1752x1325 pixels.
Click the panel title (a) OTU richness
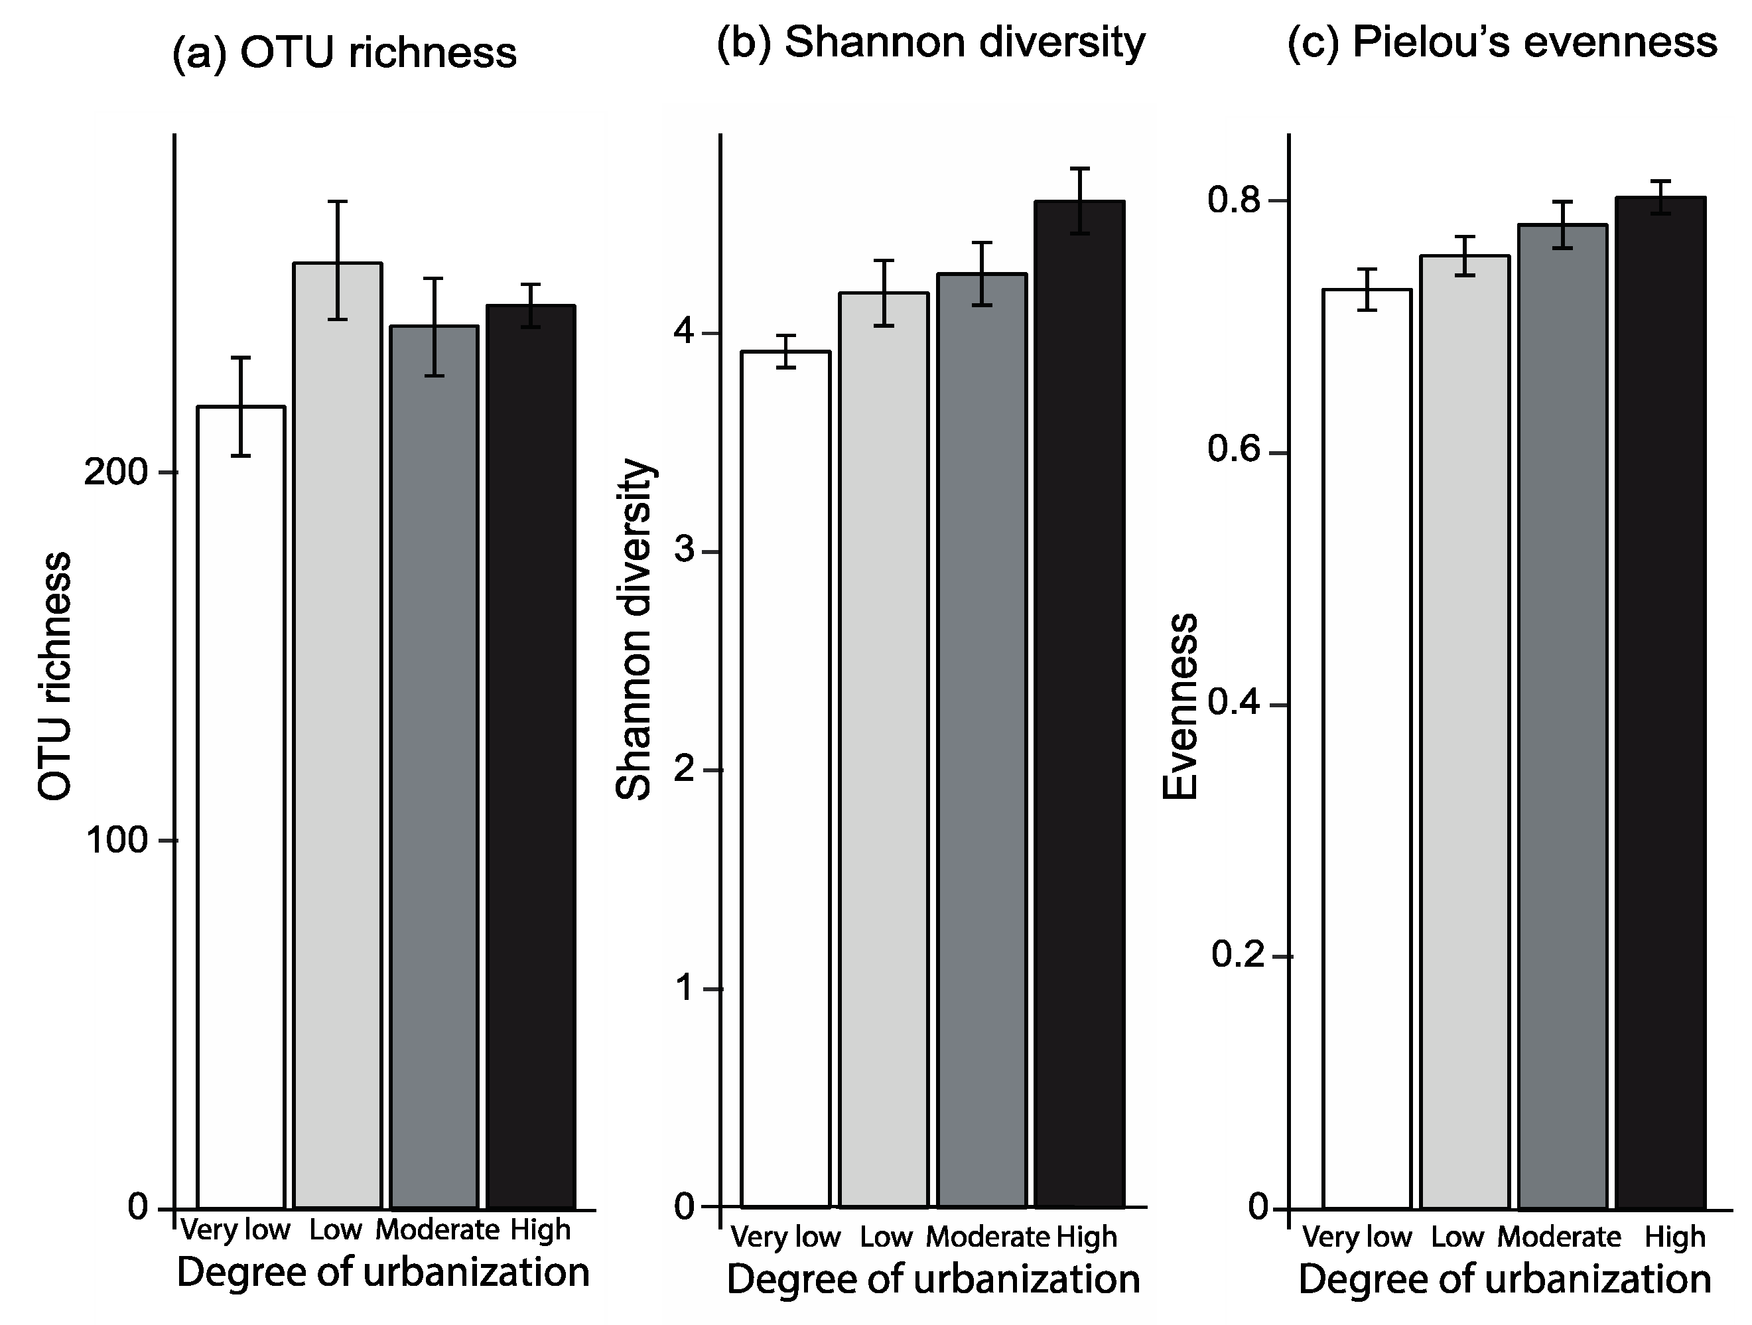[x=344, y=54]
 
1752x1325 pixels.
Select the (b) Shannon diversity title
[x=931, y=42]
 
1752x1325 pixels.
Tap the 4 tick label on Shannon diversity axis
[x=683, y=332]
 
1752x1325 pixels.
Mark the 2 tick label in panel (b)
[x=683, y=769]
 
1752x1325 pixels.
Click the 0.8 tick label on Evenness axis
[x=1233, y=201]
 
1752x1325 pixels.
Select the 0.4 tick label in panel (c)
[x=1233, y=704]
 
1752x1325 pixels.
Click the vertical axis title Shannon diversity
[x=634, y=630]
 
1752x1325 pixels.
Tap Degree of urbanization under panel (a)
[x=383, y=1273]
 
